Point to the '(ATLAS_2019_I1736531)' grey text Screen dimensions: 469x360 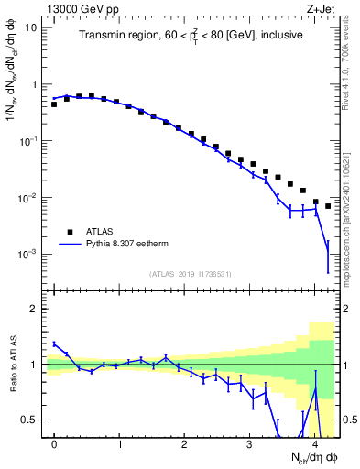(x=190, y=273)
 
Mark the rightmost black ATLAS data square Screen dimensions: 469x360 (x=328, y=206)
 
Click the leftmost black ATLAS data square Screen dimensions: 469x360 (x=54, y=104)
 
